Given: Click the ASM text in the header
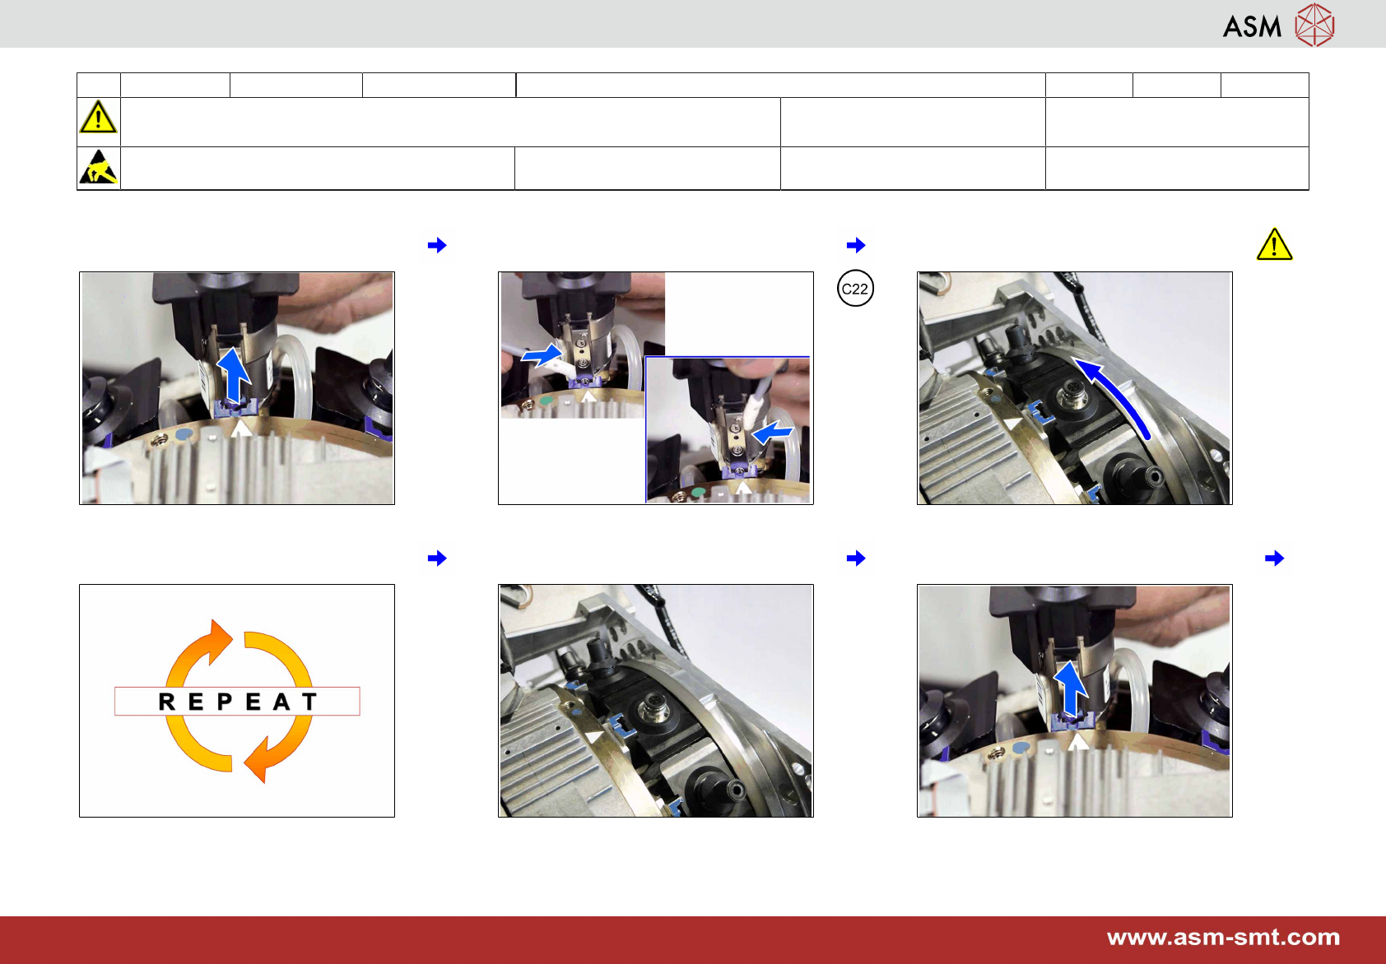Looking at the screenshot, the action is tap(1252, 26).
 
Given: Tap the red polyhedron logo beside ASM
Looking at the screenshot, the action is tap(1315, 25).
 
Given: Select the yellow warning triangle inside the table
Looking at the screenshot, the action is tap(98, 117).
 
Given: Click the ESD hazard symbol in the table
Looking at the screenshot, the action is tap(98, 167).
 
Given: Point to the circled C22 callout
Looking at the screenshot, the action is tap(855, 288).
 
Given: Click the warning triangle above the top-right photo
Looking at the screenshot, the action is tap(1274, 244).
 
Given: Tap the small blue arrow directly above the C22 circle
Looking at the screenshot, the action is tap(856, 245).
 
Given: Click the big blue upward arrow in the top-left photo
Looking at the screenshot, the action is tap(234, 377).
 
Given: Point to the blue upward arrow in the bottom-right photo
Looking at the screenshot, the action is tap(1070, 688).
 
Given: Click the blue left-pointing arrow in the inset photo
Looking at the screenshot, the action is tap(772, 433).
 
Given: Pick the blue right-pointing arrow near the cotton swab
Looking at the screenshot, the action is tap(542, 355).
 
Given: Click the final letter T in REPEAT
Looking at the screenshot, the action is tap(309, 702).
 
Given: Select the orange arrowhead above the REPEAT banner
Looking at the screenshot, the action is tap(218, 641).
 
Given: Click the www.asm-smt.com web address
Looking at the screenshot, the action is tap(1223, 938).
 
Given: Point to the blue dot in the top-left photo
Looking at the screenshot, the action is tap(184, 434).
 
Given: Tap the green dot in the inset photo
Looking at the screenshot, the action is tap(699, 492).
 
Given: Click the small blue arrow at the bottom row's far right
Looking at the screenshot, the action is tap(1275, 558).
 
